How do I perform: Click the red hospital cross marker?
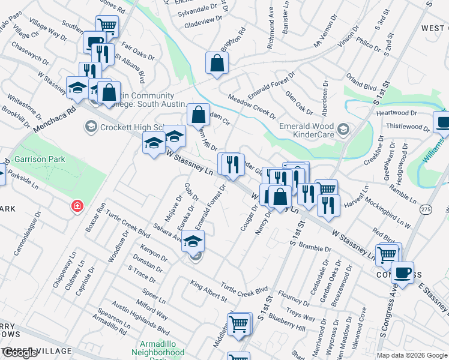tap(77, 206)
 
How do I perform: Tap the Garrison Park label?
tap(40, 159)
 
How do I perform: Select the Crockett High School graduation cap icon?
tap(91, 127)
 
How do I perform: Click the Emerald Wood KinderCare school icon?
tap(343, 128)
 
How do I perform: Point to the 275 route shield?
tap(426, 209)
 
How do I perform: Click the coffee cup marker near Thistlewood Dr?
tap(443, 123)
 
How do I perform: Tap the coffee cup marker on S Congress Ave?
tap(402, 272)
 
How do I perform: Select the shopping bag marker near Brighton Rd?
tap(217, 63)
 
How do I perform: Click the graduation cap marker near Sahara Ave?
tap(193, 241)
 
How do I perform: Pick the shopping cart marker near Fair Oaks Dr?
tap(107, 26)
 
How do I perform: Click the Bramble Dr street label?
tap(315, 248)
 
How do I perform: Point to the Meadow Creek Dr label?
tap(252, 106)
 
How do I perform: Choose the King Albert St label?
tap(208, 290)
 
